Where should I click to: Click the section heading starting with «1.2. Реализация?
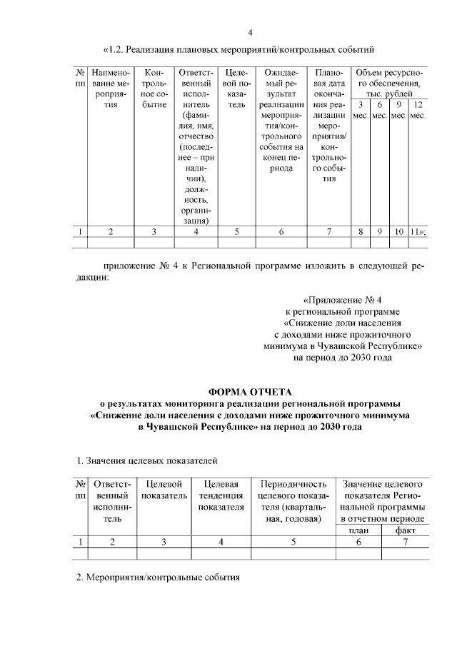click(x=240, y=49)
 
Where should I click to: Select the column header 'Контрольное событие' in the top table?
click(x=155, y=89)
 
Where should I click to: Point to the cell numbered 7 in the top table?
click(x=328, y=231)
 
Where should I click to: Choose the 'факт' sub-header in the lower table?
click(x=405, y=530)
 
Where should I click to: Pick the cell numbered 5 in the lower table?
click(x=293, y=542)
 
